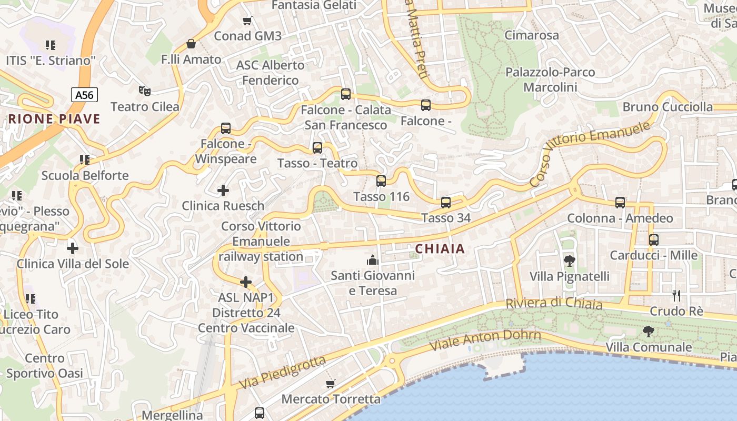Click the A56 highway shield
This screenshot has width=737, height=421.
pos(84,95)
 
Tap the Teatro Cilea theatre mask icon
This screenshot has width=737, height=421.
pos(145,91)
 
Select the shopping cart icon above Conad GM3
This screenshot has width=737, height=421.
pos(247,21)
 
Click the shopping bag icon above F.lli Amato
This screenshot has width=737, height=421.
pos(191,44)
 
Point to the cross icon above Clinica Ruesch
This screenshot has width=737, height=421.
pos(223,190)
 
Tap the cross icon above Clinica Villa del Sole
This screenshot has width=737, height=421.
pos(73,248)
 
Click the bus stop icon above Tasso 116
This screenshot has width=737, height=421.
pos(381,181)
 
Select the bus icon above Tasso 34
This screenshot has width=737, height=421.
pos(445,202)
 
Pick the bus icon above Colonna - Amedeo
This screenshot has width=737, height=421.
pos(620,202)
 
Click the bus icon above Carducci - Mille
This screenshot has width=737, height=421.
pos(653,239)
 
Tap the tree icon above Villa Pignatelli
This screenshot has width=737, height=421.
pos(569,260)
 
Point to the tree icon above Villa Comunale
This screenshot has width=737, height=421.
pos(648,332)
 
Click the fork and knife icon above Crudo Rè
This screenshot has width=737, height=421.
pos(676,295)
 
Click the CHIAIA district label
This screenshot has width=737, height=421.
pos(440,249)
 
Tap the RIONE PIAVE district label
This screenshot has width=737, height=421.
pos(54,119)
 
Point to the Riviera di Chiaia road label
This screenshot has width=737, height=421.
pos(554,304)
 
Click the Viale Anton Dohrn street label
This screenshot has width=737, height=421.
pos(485,340)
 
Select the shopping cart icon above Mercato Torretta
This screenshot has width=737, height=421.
pos(330,384)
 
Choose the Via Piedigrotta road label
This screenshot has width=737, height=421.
pos(283,373)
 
